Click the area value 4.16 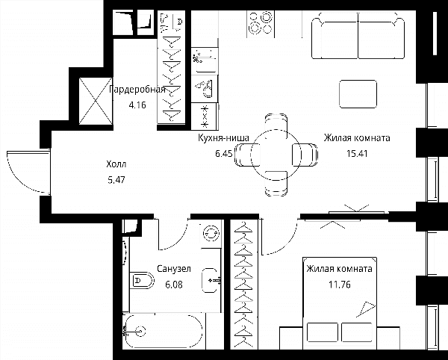coord(137,105)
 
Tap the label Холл coord(116,164)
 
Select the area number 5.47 coord(116,180)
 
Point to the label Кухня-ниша coord(224,138)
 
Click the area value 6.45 coord(224,154)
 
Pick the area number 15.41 coord(357,154)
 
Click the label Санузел coord(174,269)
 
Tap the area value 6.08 coord(174,285)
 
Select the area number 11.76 coord(340,285)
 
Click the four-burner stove coord(261,24)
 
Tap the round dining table coord(276,155)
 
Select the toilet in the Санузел coord(142,280)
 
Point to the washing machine coord(212,234)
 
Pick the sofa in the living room coord(358,36)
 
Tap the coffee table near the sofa coord(358,94)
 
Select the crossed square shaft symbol coord(96,101)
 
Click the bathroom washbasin coord(211,281)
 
